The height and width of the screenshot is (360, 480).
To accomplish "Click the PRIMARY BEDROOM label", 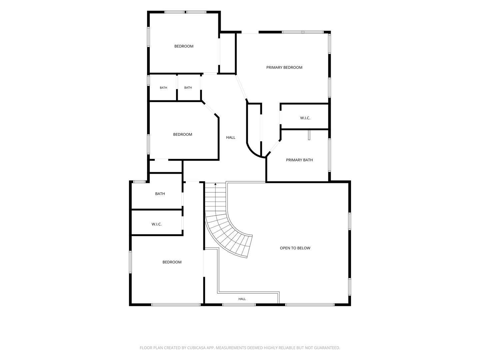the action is (x=284, y=68).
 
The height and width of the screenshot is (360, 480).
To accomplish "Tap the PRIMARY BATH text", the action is (x=299, y=160).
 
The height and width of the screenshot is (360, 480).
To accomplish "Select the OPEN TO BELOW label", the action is (x=295, y=248).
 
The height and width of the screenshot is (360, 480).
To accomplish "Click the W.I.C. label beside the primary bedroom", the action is (x=305, y=118).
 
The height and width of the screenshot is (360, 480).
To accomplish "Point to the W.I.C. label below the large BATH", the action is (x=157, y=224).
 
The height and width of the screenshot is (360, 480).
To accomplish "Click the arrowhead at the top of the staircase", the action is (x=215, y=184).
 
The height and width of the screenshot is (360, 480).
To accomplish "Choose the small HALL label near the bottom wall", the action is (x=242, y=299).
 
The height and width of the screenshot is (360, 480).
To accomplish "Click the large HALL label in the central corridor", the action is (x=230, y=137).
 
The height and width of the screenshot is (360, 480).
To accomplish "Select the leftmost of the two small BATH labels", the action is (x=163, y=88).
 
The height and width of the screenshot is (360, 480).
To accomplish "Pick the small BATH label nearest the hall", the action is (x=188, y=88).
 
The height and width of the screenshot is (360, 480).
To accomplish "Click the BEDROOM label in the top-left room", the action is (x=184, y=46).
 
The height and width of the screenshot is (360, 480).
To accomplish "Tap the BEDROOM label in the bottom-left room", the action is (x=172, y=262).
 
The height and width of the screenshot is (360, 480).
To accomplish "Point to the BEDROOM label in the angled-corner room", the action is (x=183, y=134).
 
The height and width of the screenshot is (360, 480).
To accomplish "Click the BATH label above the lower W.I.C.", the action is (x=160, y=194).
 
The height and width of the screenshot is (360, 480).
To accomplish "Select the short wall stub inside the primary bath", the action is (x=309, y=135).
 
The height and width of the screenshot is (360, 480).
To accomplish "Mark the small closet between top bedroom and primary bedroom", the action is (x=227, y=53).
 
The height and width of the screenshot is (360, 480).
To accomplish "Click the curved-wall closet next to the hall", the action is (x=254, y=130).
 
